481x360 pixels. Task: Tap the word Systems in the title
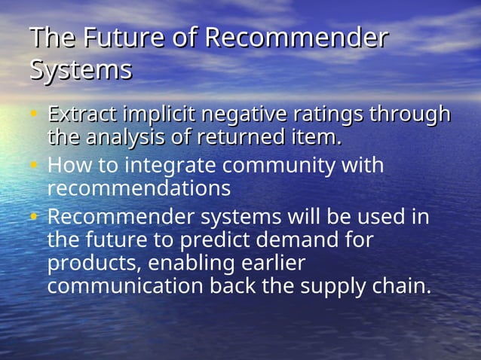[x=81, y=70]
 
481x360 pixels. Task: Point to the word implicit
[x=159, y=115]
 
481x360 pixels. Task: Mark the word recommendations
[x=139, y=186]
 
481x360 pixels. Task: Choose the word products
[x=93, y=264]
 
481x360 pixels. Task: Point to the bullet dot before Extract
[x=34, y=115]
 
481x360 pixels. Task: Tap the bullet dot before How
[x=34, y=164]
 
